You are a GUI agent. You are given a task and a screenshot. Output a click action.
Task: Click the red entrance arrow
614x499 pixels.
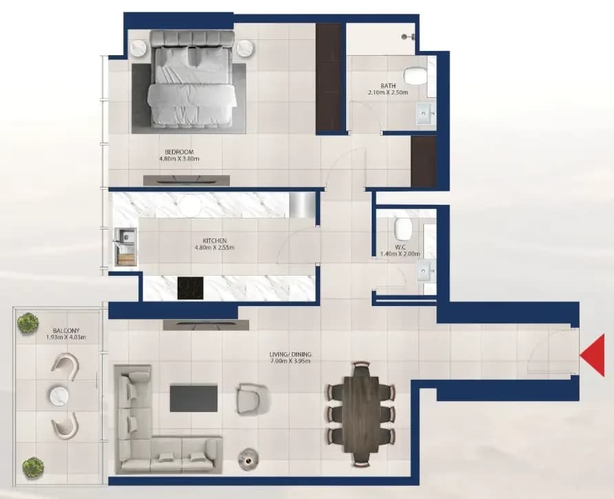click(594, 356)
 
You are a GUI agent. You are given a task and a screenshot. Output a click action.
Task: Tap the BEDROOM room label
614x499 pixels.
click(179, 152)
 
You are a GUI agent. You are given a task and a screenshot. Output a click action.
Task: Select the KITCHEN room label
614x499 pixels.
click(215, 241)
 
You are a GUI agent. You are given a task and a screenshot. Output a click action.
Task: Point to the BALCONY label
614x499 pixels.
click(66, 330)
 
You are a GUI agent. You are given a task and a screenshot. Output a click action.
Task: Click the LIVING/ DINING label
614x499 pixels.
click(290, 354)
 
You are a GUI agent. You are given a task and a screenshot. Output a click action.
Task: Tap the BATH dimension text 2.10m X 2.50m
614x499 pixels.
click(388, 92)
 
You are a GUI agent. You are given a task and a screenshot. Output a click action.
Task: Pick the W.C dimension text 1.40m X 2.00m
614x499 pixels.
click(400, 254)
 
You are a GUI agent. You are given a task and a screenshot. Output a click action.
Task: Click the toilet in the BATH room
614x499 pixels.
click(415, 75)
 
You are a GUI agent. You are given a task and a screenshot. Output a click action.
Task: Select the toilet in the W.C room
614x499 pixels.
click(403, 229)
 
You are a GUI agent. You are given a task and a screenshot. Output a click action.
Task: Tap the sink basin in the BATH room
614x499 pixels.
click(425, 113)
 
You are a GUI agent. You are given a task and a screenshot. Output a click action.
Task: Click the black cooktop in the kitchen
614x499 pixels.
click(190, 288)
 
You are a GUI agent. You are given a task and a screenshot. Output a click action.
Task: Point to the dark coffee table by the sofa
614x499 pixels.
click(193, 398)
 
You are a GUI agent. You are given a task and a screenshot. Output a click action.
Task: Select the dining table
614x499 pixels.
click(361, 415)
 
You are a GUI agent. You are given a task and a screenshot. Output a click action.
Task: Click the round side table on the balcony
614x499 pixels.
click(59, 396)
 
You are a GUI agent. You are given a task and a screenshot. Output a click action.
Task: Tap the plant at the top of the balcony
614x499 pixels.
click(28, 323)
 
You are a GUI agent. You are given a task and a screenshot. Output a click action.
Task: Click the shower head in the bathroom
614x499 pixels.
click(407, 37)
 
